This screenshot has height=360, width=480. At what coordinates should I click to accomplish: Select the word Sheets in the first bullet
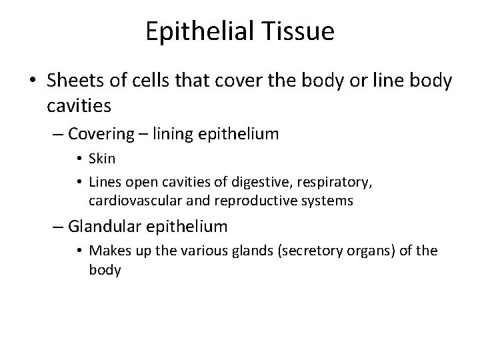click(x=69, y=81)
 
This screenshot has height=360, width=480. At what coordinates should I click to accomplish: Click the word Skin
click(x=102, y=159)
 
